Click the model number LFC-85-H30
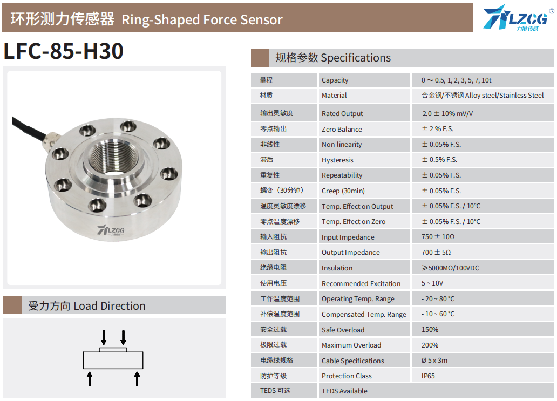64,51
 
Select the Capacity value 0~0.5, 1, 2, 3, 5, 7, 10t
456,80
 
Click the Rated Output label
342,114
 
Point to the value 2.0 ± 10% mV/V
447,114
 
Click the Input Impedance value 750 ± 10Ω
438,237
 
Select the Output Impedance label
351,253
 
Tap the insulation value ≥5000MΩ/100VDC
450,268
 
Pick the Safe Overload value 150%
430,330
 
